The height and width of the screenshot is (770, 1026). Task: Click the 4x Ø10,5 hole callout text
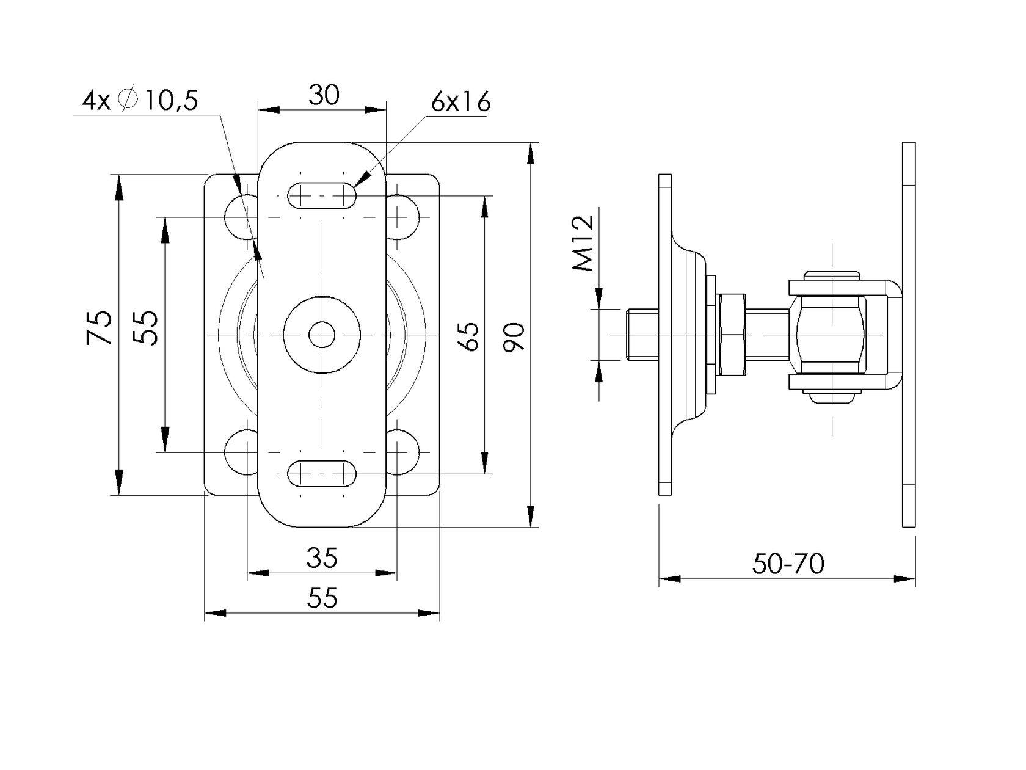(x=140, y=101)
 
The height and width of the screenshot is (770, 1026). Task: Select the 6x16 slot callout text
(x=460, y=102)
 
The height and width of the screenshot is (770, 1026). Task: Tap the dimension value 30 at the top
(x=323, y=95)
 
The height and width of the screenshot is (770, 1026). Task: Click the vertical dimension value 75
(x=100, y=327)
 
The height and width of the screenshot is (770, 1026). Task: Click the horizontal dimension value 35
(x=322, y=558)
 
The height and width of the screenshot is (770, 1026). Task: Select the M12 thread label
(x=583, y=242)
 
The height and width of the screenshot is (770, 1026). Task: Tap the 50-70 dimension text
(x=788, y=564)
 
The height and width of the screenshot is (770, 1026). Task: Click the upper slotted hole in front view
(x=322, y=196)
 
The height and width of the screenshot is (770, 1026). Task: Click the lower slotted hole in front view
(x=322, y=473)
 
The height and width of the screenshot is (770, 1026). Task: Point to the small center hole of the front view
(x=322, y=334)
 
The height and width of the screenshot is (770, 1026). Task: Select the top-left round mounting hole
(x=242, y=217)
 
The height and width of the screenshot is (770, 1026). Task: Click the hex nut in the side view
(x=732, y=334)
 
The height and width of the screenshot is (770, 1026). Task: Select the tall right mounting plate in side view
(x=909, y=334)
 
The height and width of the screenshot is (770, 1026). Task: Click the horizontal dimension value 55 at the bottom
(x=322, y=598)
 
